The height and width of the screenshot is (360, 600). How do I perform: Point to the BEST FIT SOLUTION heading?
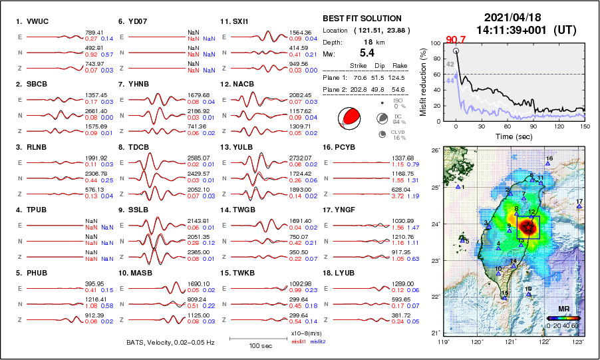pos(362,19)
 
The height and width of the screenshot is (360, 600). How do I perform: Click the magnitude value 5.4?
pos(367,52)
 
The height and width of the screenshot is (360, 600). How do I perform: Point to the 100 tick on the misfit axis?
pos(436,44)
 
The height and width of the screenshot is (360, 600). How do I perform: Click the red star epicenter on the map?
pos(528,228)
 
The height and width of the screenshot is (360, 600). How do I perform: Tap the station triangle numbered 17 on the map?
pos(579,207)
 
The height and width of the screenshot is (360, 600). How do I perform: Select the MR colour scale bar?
pos(562,318)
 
